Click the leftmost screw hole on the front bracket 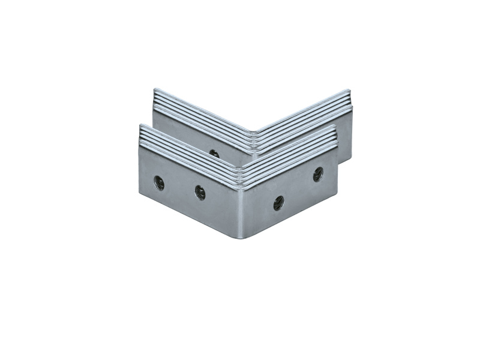pyautogui.click(x=159, y=182)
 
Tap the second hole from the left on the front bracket pyautogui.click(x=200, y=192)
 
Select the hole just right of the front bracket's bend pyautogui.click(x=278, y=203)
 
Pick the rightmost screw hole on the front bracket pyautogui.click(x=318, y=174)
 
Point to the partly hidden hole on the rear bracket pyautogui.click(x=214, y=153)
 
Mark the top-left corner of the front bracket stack pyautogui.click(x=140, y=125)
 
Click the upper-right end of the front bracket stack pyautogui.click(x=335, y=127)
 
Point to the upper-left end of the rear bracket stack pyautogui.click(x=155, y=91)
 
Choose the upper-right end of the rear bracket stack pyautogui.click(x=349, y=91)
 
